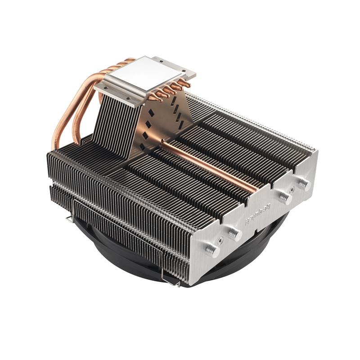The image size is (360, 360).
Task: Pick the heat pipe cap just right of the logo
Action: click(283, 197)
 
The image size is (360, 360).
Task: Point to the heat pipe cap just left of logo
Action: click(234, 233)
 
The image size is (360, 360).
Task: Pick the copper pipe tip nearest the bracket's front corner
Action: click(153, 99)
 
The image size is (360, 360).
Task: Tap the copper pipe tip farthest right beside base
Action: click(185, 84)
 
